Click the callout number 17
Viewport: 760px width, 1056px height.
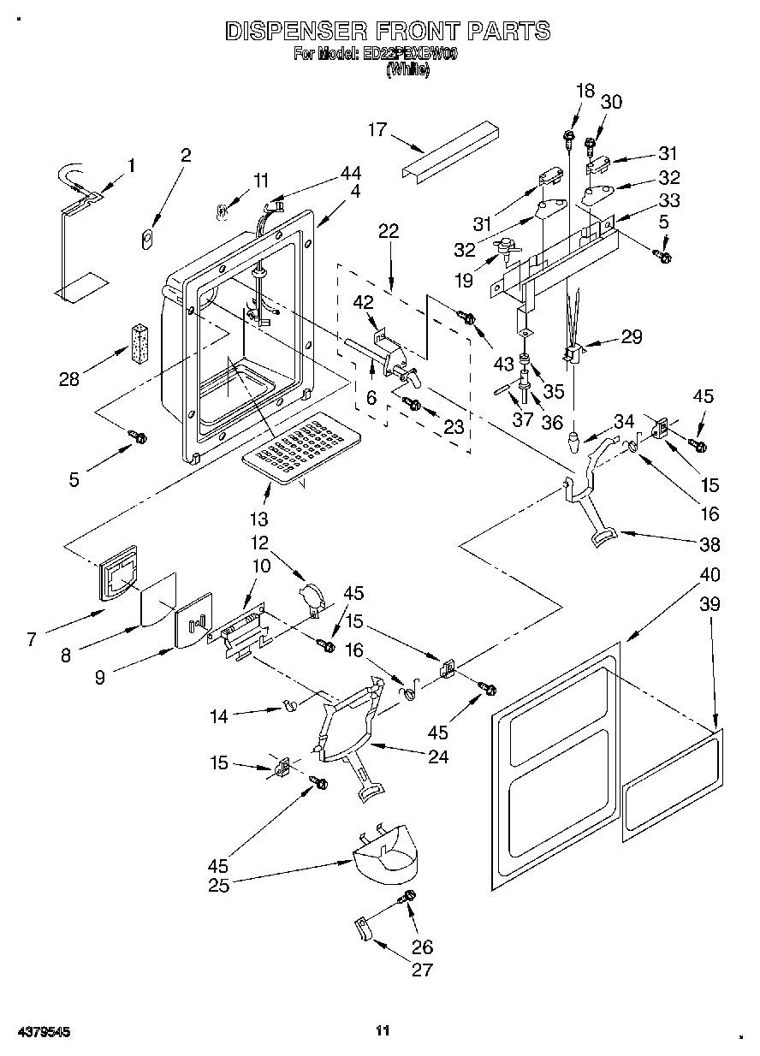coord(377,130)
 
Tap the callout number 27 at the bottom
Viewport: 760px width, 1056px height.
coord(422,970)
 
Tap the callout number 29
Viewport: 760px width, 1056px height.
coord(632,336)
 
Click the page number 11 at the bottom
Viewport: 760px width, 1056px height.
coord(383,1031)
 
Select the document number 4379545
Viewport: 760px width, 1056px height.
coord(42,1032)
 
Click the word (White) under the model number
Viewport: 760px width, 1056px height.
coord(407,71)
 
